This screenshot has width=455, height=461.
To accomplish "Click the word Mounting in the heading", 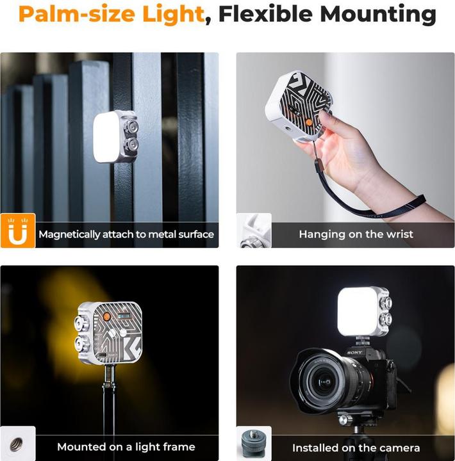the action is (378, 14).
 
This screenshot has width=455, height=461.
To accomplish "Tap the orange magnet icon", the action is (18, 230).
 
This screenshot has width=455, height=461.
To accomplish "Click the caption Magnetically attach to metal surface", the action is (126, 234).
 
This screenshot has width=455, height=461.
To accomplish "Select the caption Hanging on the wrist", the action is (356, 234).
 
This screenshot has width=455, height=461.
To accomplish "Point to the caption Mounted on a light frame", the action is (126, 447).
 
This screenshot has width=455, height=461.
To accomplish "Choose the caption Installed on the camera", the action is (356, 448).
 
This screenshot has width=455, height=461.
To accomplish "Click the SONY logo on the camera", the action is (354, 352).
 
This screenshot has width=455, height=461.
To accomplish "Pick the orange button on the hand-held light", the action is (309, 122).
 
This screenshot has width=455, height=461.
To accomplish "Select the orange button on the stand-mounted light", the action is (106, 317).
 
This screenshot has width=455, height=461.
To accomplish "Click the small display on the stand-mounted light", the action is (124, 316).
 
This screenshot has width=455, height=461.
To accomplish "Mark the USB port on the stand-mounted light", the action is (102, 355).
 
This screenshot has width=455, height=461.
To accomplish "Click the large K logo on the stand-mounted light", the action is (132, 348).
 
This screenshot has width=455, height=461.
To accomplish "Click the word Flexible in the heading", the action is (265, 14).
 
